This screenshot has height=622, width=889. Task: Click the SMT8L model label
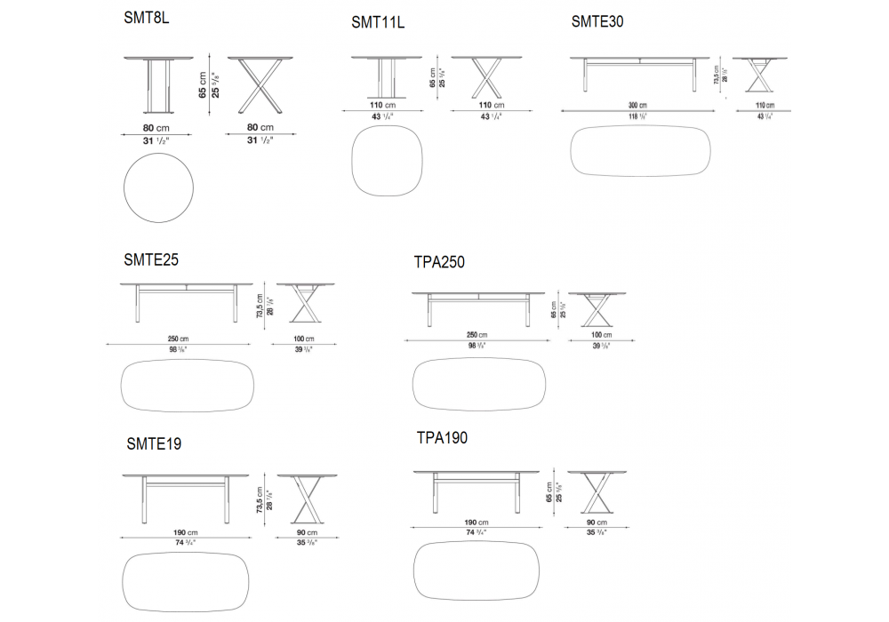[147, 18]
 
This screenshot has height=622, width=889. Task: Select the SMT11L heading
[378, 22]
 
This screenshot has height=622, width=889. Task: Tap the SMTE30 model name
[597, 21]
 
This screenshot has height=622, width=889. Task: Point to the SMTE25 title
[152, 260]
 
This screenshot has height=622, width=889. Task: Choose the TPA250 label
[439, 262]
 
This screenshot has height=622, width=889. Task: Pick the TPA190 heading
[442, 438]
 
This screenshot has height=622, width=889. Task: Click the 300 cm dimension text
[637, 105]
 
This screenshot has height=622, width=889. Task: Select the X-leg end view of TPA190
[594, 494]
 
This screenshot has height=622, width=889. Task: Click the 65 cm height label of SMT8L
[203, 85]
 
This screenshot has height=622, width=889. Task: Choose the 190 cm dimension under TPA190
[477, 522]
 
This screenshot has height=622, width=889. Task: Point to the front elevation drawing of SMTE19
[185, 497]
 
